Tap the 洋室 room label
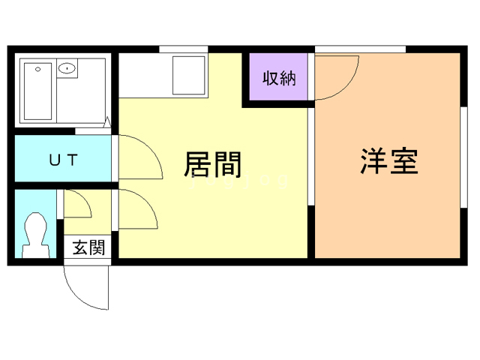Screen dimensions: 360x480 (x=388, y=162)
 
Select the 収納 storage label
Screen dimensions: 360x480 (x=278, y=77)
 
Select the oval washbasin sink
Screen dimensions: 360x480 (x=68, y=70)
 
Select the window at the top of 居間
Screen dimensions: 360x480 (x=183, y=49)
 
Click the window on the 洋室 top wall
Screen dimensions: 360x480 (x=360, y=49)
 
